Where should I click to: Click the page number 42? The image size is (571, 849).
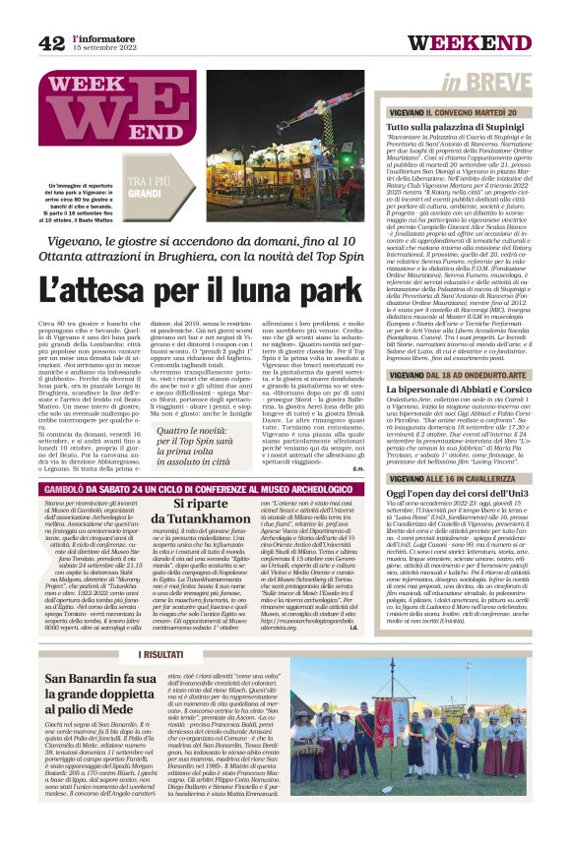(x=51, y=42)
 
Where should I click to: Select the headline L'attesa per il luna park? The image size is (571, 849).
(x=202, y=290)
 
